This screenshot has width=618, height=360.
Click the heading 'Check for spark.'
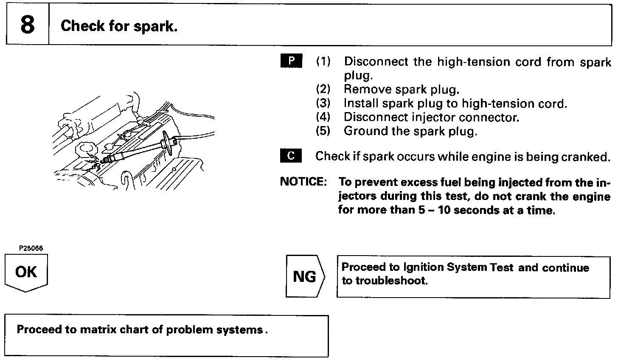[119, 26]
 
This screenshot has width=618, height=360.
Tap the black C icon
[291, 156]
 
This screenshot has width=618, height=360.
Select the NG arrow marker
[305, 277]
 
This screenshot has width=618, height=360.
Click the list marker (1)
[323, 62]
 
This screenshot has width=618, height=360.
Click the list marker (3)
[323, 104]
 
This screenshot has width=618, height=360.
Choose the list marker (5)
[323, 131]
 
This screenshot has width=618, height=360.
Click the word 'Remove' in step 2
[368, 90]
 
